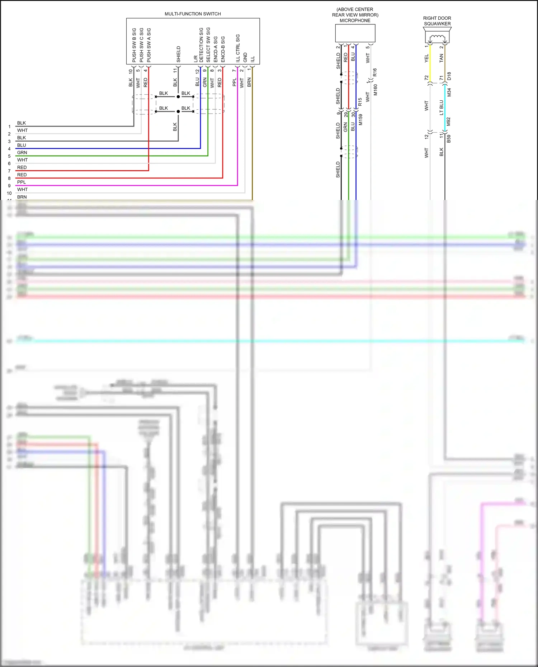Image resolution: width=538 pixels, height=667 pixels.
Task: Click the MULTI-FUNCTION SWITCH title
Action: tap(193, 14)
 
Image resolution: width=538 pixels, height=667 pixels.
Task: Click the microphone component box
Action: tap(355, 33)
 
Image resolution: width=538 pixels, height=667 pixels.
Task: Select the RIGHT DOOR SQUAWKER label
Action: tap(437, 21)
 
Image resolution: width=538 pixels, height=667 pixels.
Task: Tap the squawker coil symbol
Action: tap(437, 37)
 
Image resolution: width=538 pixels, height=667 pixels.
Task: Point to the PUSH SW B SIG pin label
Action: tap(134, 45)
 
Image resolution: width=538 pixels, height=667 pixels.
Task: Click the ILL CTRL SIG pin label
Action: tap(238, 48)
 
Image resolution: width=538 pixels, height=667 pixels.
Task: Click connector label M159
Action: tap(360, 120)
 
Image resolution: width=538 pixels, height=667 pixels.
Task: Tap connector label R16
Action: tap(375, 72)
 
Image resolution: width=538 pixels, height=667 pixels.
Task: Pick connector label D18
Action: tap(449, 76)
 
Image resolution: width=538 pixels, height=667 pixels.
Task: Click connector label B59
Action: tap(449, 139)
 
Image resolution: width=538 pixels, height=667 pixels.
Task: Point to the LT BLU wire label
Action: tap(442, 108)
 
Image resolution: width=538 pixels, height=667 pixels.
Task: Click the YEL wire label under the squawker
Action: tap(426, 58)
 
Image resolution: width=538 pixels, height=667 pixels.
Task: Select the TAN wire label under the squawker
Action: tap(442, 58)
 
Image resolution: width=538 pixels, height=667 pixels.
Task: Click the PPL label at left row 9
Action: tap(22, 182)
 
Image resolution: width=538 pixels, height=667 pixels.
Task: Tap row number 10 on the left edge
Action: tap(9, 193)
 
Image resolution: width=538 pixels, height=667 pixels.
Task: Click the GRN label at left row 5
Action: tap(22, 152)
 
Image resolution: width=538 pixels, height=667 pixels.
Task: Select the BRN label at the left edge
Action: tap(22, 197)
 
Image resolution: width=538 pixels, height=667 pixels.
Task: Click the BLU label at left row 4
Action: tap(22, 145)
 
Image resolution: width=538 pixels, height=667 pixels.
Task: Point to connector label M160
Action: tap(376, 90)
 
